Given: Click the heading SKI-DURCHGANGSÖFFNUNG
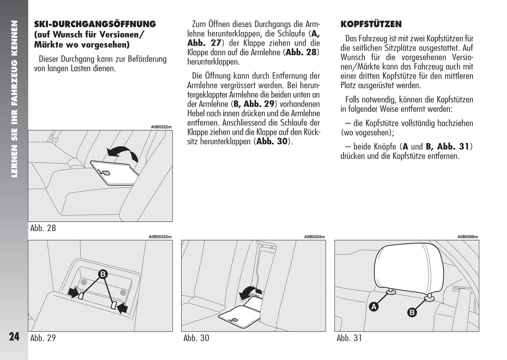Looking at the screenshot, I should (x=95, y=24).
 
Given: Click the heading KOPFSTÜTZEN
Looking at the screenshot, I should (x=371, y=24).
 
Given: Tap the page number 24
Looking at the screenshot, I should (x=14, y=337).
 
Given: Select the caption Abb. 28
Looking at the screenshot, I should (x=43, y=228).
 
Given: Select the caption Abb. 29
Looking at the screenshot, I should (x=43, y=338).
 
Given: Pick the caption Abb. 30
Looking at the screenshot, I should (x=196, y=338).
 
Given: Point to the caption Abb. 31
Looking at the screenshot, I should (x=349, y=338).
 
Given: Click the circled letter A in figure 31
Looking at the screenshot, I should (x=374, y=307).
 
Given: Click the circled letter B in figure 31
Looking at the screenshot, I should (x=412, y=312).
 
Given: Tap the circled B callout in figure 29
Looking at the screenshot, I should (x=103, y=274).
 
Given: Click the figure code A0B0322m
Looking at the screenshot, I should (x=161, y=127).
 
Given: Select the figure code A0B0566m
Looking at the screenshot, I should (x=467, y=237).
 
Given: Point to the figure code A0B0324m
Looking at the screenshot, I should (x=314, y=237).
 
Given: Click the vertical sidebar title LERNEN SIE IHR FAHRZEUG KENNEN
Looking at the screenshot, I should (x=14, y=98).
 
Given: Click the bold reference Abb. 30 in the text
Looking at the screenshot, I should (x=272, y=141).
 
